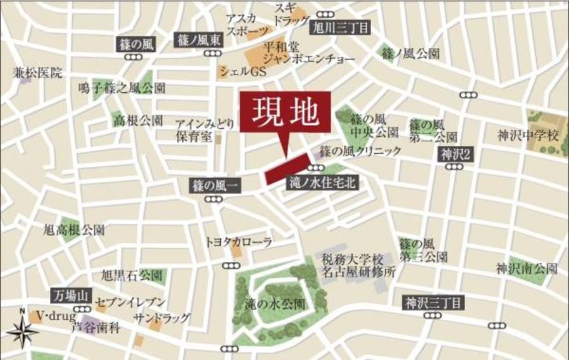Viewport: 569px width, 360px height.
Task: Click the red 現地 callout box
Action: (284, 112)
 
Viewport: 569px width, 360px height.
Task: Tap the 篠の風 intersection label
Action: (135, 44)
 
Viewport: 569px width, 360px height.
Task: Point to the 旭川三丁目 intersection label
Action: (340, 27)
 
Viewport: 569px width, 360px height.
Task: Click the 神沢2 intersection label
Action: (454, 154)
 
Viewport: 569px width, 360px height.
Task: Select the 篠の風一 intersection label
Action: (213, 186)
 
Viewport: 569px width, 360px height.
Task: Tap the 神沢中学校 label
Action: (529, 135)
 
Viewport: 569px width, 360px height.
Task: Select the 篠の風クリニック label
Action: (360, 151)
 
